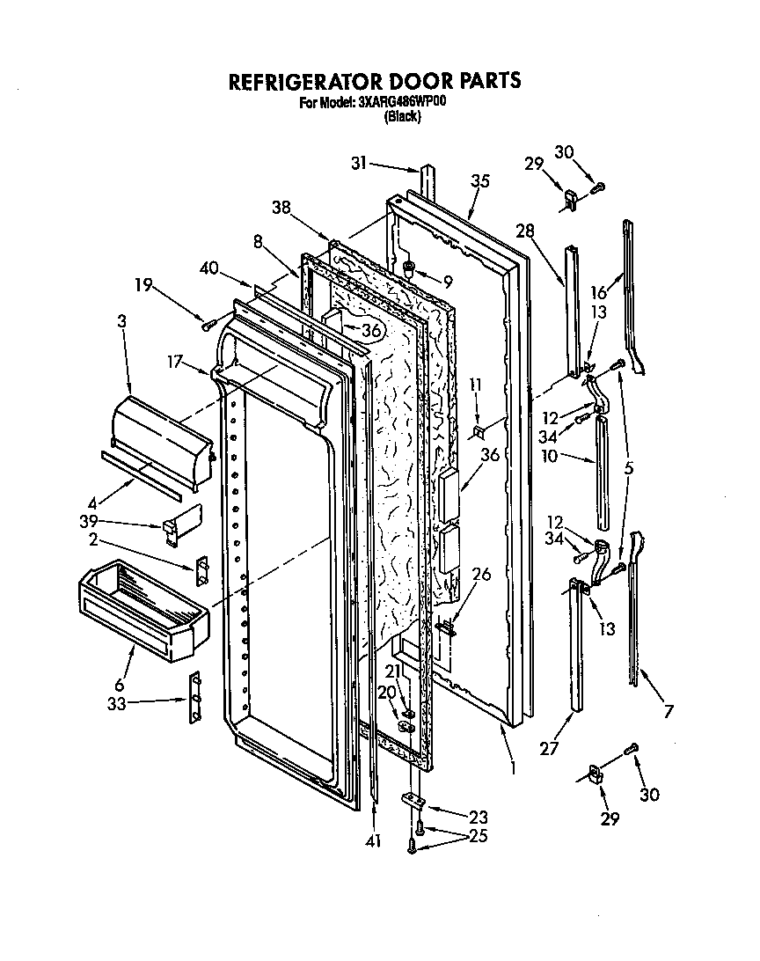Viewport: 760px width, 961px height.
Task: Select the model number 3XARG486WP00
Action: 402,102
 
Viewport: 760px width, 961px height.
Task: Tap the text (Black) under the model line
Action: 402,116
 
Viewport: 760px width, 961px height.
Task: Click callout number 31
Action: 358,163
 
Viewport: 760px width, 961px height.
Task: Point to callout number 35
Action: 479,181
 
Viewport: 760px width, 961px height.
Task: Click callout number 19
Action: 144,284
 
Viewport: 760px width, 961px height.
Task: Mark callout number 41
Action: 375,841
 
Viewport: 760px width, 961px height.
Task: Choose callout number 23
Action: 478,816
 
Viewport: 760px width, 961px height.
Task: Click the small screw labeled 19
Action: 208,324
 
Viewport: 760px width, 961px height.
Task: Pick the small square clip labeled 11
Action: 479,431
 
